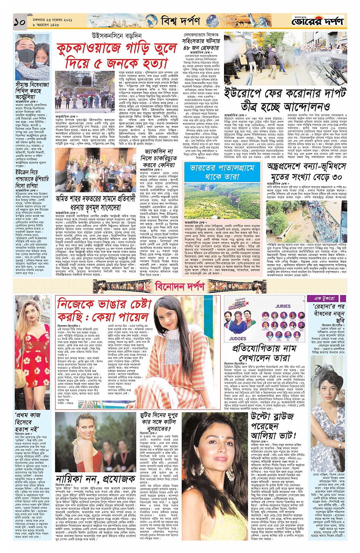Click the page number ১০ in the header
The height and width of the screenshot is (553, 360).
tap(19, 22)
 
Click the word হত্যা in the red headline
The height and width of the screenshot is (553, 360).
tap(150, 63)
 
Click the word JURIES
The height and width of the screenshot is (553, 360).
tap(283, 306)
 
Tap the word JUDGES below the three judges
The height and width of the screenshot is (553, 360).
tap(238, 338)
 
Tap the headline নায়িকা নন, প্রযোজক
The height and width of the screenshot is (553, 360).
tap(96, 479)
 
